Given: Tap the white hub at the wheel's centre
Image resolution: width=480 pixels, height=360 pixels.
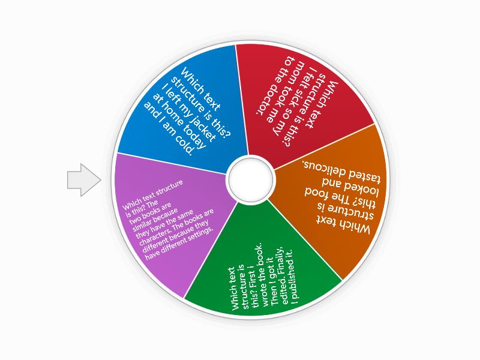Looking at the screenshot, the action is [251, 179].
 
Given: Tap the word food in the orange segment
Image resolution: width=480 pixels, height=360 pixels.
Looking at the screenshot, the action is [316, 193].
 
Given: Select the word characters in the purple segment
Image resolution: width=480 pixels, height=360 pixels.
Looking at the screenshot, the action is [153, 236].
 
